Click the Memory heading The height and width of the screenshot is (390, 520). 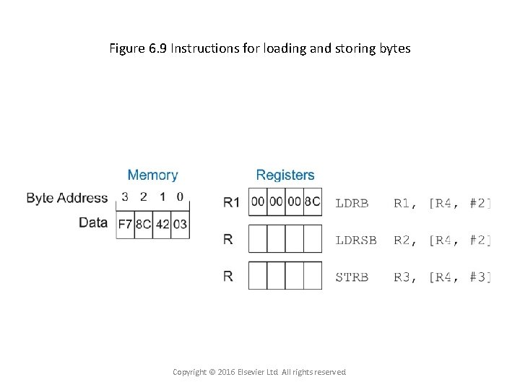pos(152,175)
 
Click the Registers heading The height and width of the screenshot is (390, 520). pos(285,175)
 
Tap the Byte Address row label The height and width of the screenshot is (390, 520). pos(67,197)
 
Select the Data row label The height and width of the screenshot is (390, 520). pos(93,222)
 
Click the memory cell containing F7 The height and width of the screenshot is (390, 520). pos(126,224)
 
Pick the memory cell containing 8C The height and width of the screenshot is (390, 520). pos(144,224)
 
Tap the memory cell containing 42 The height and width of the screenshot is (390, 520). pos(162,224)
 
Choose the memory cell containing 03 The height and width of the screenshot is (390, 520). pos(180,224)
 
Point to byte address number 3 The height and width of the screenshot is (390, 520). pos(125,196)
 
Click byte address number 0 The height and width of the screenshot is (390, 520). pos(180,196)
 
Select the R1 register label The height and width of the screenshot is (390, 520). pos(231,203)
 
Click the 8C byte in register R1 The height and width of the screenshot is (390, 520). pos(312,202)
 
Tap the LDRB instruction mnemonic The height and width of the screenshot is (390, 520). pos(352,203)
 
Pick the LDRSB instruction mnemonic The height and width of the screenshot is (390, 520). pos(356,240)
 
